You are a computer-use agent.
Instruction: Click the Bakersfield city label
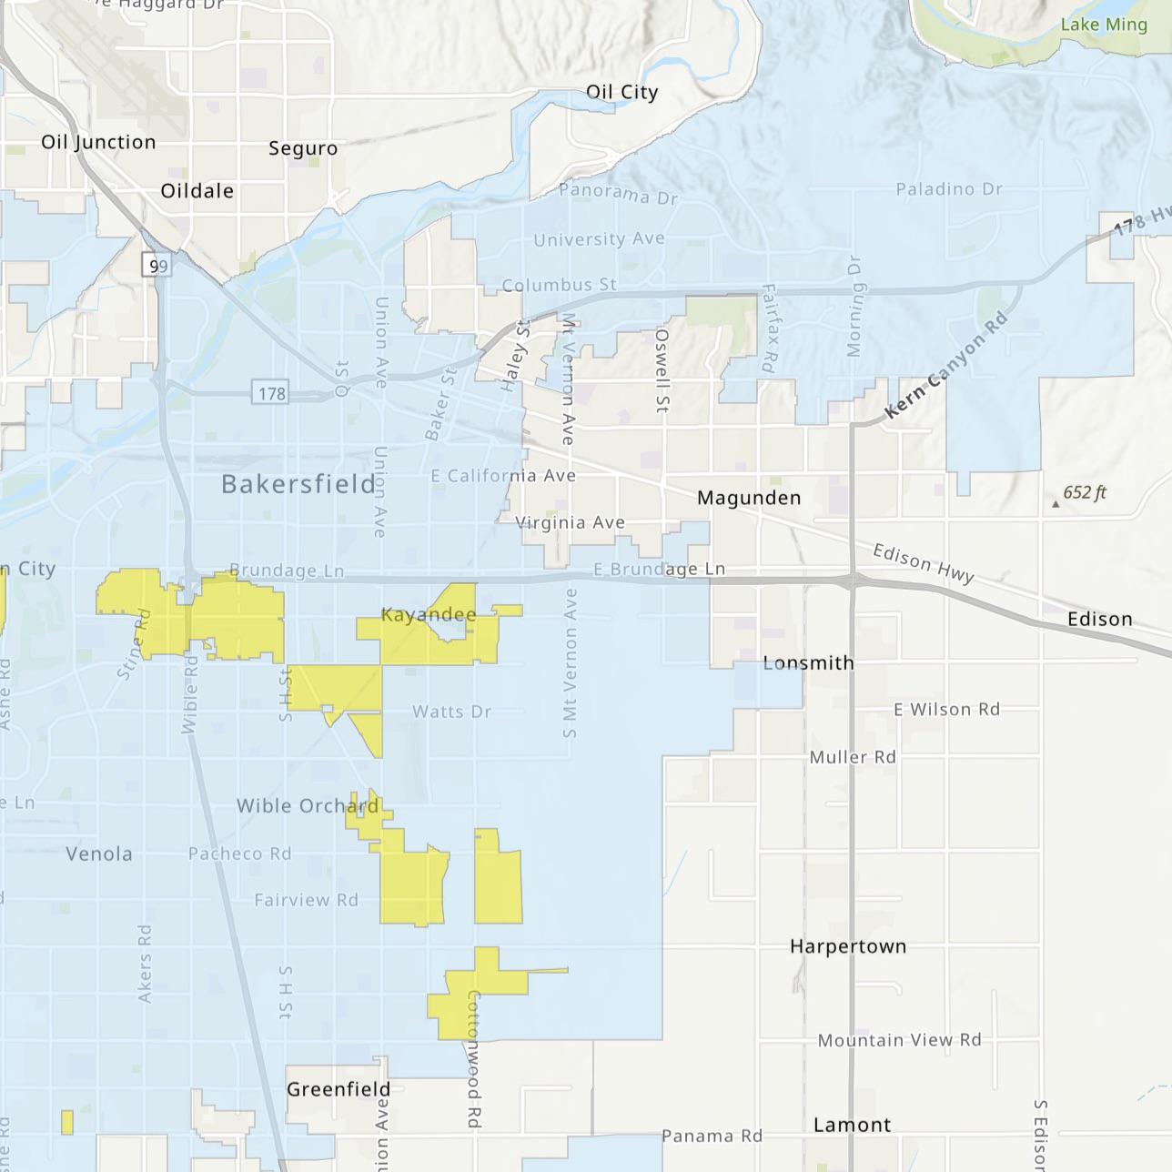(x=298, y=483)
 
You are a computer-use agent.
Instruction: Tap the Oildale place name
(x=197, y=191)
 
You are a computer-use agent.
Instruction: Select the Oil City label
(x=621, y=92)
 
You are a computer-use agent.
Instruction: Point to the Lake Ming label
(x=1104, y=25)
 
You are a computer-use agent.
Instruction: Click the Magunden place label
(x=749, y=498)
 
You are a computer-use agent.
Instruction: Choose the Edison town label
(x=1099, y=619)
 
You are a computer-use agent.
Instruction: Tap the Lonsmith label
(x=808, y=662)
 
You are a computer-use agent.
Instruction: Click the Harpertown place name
(x=847, y=946)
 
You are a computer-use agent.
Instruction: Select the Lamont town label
(x=852, y=1125)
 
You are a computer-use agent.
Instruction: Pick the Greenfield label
(x=338, y=1089)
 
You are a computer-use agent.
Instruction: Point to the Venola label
(x=99, y=854)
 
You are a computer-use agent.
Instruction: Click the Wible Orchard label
(x=308, y=805)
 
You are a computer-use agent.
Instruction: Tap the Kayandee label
(x=429, y=615)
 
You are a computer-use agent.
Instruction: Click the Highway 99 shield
(x=157, y=266)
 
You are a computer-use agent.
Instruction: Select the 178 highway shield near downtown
(x=271, y=394)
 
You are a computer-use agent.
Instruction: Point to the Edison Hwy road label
(x=924, y=563)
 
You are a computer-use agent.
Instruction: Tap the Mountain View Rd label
(x=899, y=1040)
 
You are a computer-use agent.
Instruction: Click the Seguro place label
(x=303, y=148)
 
